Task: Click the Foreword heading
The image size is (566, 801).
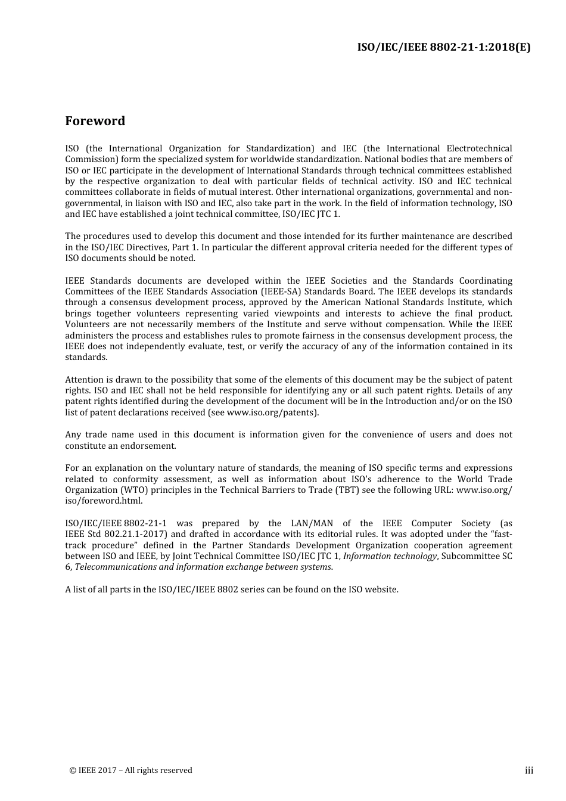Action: pos(95,121)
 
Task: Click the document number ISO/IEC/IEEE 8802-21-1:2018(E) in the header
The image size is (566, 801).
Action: pos(443,47)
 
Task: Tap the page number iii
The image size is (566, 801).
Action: pos(528,771)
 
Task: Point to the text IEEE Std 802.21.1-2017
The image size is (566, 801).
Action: pos(108,534)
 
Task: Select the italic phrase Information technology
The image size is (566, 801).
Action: pos(390,556)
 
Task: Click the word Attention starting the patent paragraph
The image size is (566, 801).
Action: pos(84,380)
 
